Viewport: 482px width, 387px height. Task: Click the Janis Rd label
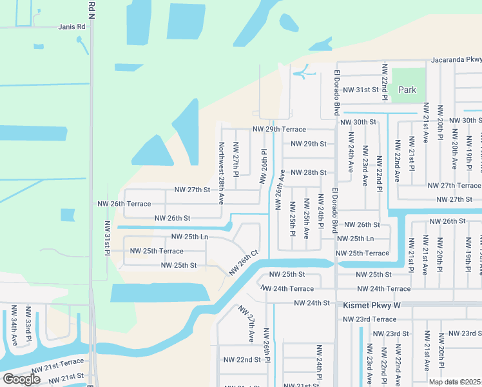pyautogui.click(x=72, y=27)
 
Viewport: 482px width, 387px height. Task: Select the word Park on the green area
pyautogui.click(x=407, y=90)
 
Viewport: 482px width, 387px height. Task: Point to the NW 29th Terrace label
pyautogui.click(x=279, y=129)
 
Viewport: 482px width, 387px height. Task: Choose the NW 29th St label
pyautogui.click(x=309, y=143)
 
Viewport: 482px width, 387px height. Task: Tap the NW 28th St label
pyautogui.click(x=309, y=172)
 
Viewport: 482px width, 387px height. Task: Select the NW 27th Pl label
pyautogui.click(x=236, y=159)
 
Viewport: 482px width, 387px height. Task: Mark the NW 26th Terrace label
pyautogui.click(x=124, y=203)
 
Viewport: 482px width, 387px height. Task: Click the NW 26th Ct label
pyautogui.click(x=244, y=262)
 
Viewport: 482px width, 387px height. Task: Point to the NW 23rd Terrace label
pyautogui.click(x=369, y=319)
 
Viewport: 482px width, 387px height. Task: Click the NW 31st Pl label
pyautogui.click(x=107, y=238)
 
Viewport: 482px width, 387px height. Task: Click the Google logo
pyautogui.click(x=22, y=379)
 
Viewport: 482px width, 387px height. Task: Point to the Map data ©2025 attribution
pyautogui.click(x=455, y=382)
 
